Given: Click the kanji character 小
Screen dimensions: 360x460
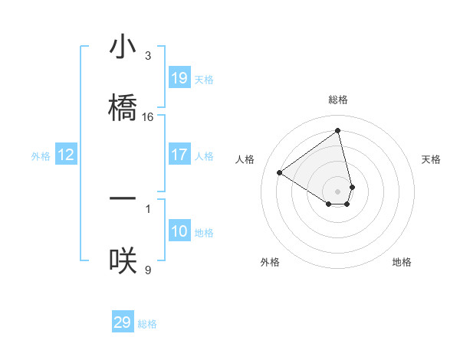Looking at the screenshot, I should [x=123, y=47].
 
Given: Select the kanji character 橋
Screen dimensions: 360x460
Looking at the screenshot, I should [x=123, y=106].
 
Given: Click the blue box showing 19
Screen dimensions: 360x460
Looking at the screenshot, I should [x=179, y=78].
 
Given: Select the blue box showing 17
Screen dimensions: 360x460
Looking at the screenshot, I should [x=179, y=155].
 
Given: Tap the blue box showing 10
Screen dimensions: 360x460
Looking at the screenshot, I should [x=179, y=231].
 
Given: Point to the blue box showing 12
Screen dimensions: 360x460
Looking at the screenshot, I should [x=66, y=155].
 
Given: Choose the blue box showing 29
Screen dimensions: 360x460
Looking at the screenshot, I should [x=123, y=322].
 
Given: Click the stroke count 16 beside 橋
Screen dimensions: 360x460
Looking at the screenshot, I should [x=148, y=117].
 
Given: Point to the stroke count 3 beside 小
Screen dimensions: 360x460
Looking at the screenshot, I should [x=148, y=56].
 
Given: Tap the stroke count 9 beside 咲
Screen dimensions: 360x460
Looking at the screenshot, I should [x=148, y=270].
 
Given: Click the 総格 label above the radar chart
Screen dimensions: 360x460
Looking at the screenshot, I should [x=338, y=100].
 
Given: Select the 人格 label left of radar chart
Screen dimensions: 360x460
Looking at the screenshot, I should [x=245, y=159].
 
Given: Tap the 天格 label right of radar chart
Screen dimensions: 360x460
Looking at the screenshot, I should [x=432, y=159].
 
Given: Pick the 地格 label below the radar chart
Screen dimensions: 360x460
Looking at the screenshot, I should [x=402, y=262].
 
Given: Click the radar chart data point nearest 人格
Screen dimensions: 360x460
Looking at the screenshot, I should [x=280, y=173].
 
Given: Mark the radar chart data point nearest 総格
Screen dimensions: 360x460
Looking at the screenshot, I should [x=338, y=130].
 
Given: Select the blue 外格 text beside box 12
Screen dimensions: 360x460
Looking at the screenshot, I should [x=41, y=156].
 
